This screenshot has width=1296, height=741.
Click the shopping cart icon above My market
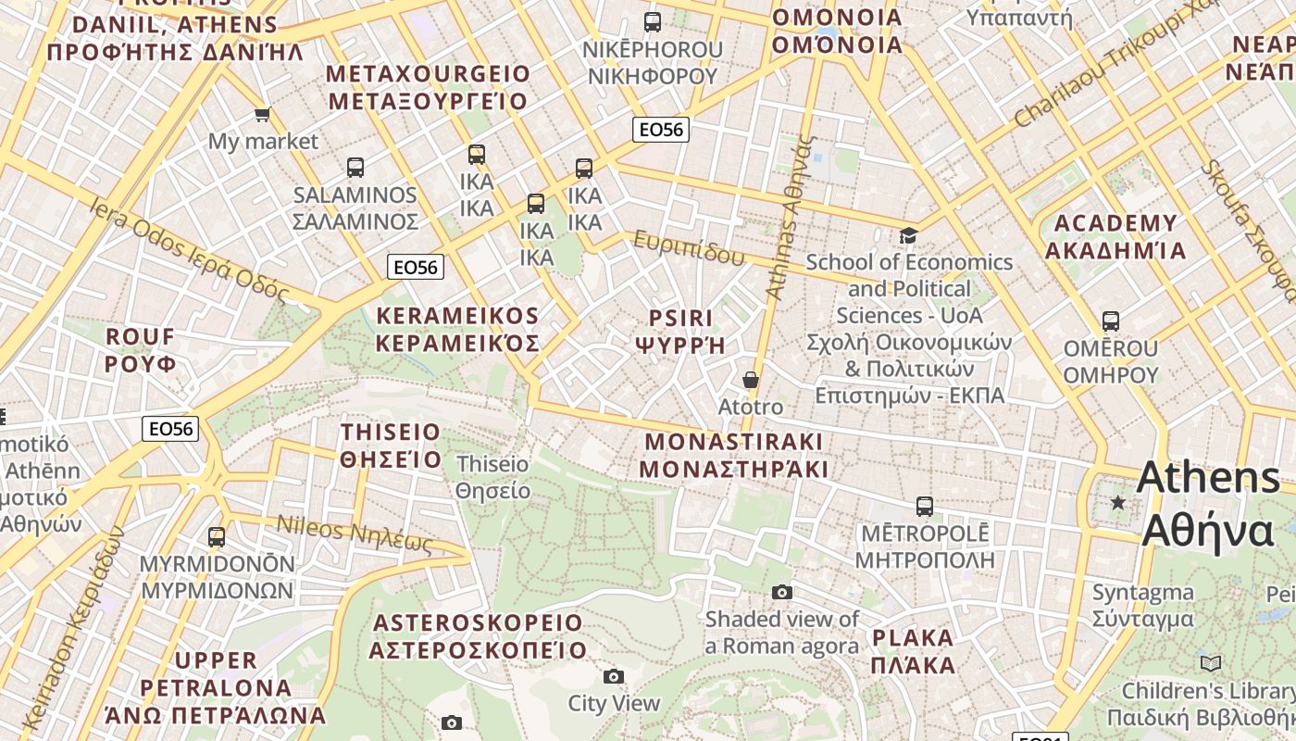[x=262, y=114]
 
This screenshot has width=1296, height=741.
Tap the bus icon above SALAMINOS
[x=355, y=168]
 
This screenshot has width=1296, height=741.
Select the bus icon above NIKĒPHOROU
[x=653, y=22]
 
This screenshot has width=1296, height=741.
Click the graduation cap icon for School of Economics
[x=908, y=235]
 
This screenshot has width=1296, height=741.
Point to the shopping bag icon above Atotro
[x=751, y=380]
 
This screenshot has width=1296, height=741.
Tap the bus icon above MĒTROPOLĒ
[x=925, y=507]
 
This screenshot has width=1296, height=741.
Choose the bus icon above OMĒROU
[x=1111, y=321]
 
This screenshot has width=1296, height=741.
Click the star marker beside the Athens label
[x=1118, y=502]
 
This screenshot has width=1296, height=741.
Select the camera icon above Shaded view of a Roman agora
[x=782, y=592]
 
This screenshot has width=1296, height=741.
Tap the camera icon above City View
[x=614, y=676]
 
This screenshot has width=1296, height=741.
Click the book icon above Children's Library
[x=1211, y=663]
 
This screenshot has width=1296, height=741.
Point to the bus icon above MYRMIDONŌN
[x=217, y=536]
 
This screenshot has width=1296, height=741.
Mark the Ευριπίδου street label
[x=689, y=246]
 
